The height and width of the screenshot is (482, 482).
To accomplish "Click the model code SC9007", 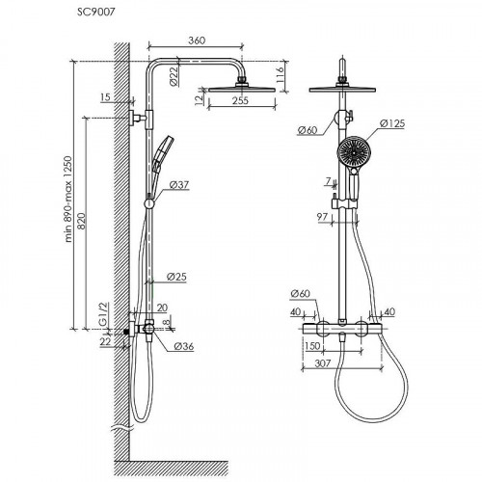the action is coord(95,13).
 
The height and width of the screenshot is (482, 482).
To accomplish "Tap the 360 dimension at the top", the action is coord(197,40).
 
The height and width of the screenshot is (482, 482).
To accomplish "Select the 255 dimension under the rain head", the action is coord(240,100).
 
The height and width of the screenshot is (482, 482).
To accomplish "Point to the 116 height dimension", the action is coord(280,75).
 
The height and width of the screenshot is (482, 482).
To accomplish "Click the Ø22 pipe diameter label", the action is coord(174,76).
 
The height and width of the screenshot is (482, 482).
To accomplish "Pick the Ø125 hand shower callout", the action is coord(392,123).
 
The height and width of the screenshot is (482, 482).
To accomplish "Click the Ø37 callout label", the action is coord(179,185).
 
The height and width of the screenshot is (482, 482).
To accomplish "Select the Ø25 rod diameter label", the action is coord(176,277).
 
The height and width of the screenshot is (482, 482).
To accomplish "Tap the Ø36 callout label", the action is coord(184,346).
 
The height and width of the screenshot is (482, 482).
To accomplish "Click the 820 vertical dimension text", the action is coord(82,221).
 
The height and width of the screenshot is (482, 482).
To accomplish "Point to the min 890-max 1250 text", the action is coord(68,200).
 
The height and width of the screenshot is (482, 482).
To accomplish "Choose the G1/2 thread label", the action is coord(104,314).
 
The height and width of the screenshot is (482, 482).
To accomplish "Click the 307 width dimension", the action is coord(322,363).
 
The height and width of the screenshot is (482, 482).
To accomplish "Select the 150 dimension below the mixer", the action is coord(312,346).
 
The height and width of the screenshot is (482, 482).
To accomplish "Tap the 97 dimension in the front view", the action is coord(322,217).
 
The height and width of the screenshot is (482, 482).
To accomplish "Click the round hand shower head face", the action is coord(353,151).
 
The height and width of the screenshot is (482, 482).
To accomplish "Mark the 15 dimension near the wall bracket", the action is coord(105,97).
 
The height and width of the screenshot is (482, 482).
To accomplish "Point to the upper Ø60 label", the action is coord(308,130).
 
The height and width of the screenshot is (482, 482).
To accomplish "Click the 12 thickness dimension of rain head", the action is coord(200,98).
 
